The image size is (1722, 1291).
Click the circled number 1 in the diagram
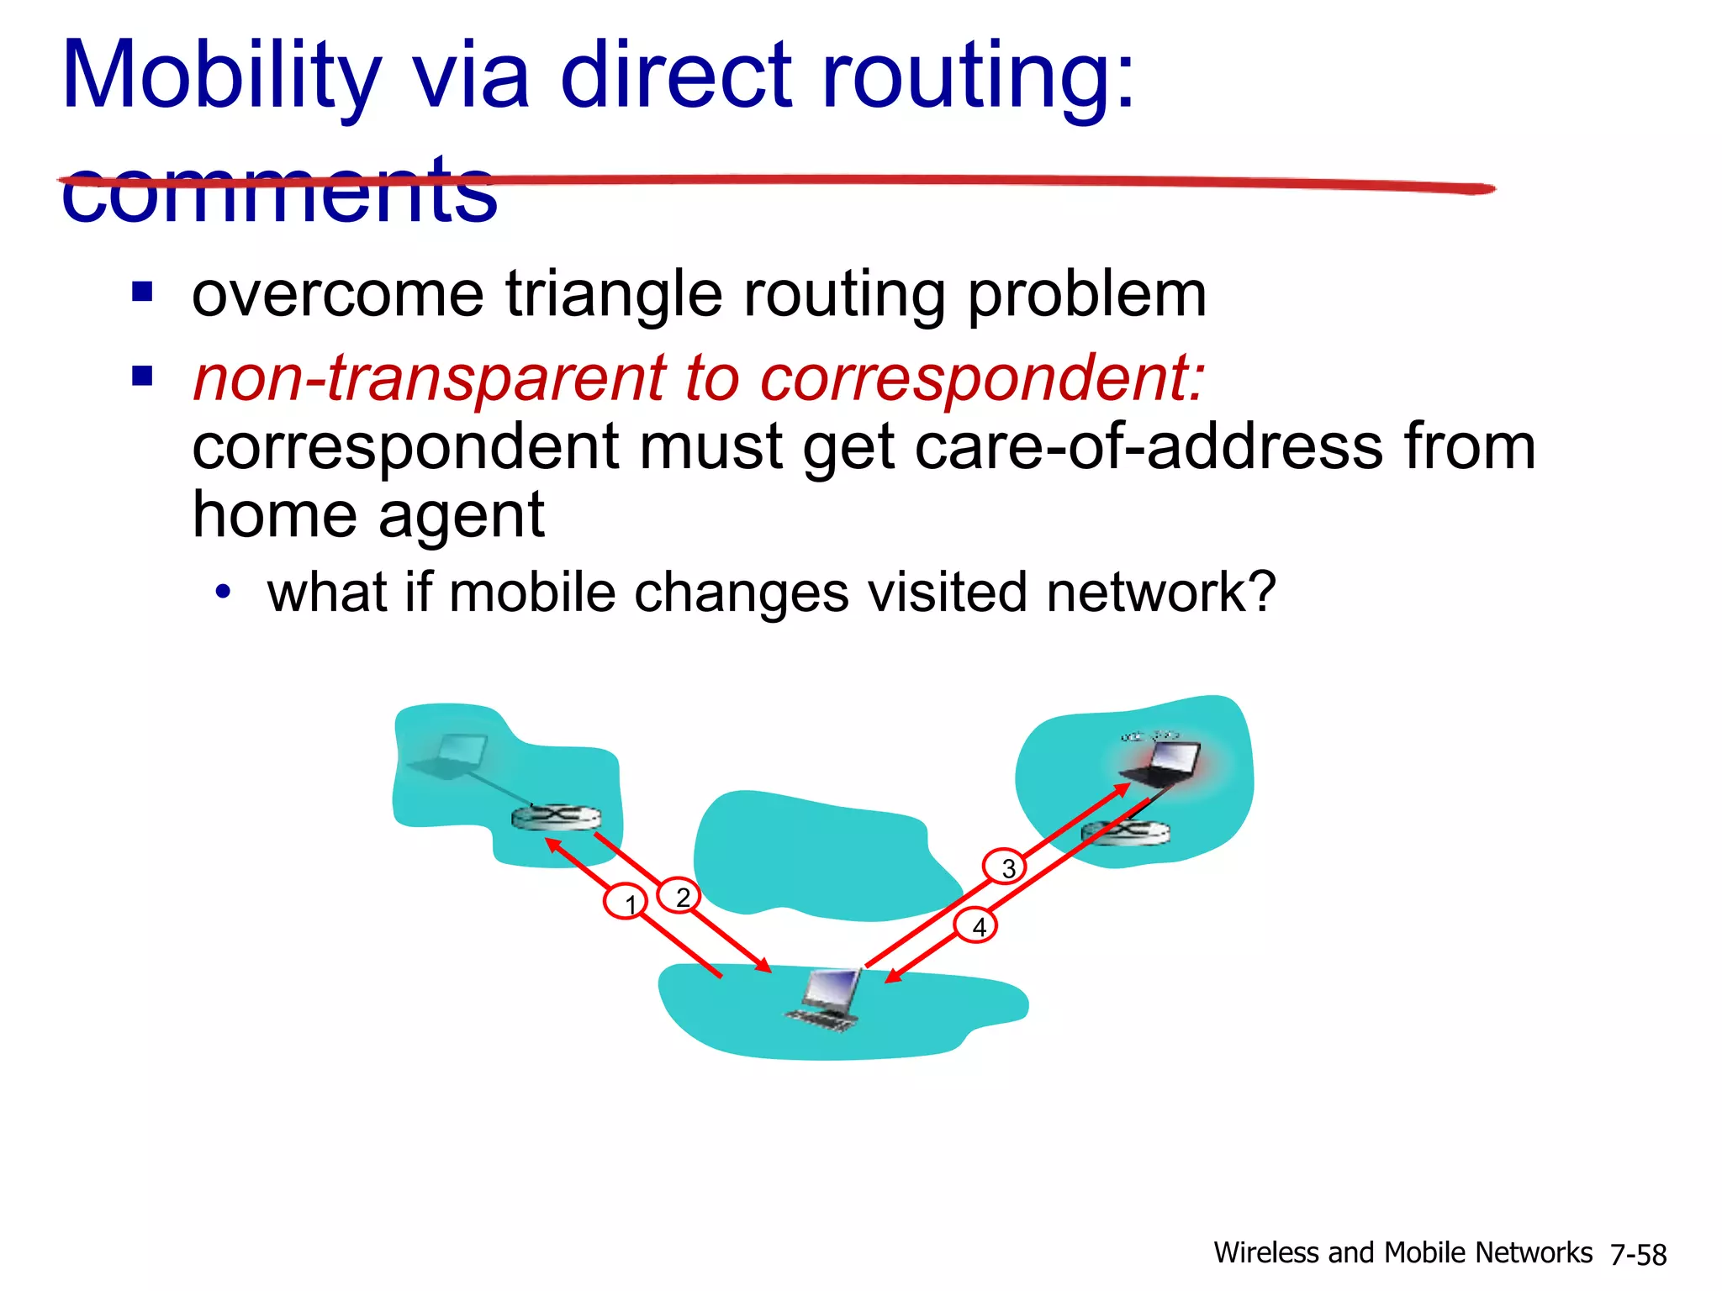[626, 902]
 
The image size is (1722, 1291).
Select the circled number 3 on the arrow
[1005, 867]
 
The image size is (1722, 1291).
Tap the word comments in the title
[279, 192]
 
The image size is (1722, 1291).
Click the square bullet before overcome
[142, 292]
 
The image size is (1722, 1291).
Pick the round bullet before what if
[222, 593]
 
